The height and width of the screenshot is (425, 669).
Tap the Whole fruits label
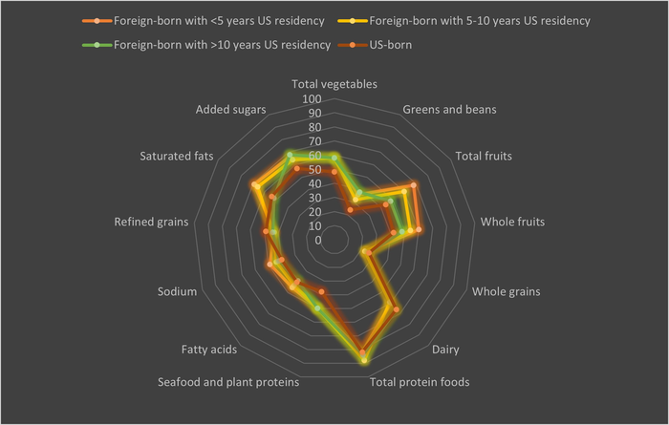pos(512,222)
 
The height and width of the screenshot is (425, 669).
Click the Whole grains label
pos(506,291)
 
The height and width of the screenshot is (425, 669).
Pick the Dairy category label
pos(445,350)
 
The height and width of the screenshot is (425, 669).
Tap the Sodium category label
pos(177,291)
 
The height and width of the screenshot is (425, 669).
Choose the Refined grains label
pos(151,222)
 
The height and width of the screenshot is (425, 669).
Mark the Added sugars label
pos(230,109)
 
